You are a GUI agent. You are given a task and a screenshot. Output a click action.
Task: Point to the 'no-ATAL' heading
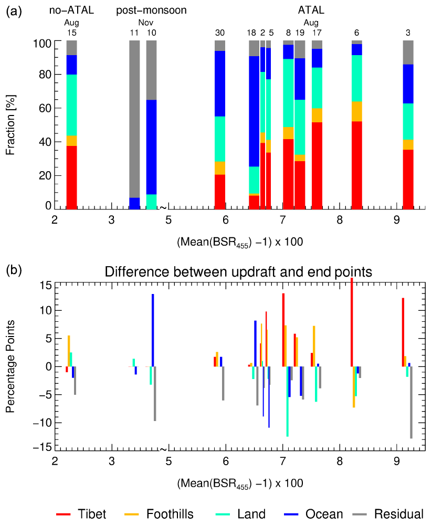pos(71,10)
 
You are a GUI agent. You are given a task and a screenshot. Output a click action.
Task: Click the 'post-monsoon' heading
pos(151,10)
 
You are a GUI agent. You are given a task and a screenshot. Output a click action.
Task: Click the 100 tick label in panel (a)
pos(41,42)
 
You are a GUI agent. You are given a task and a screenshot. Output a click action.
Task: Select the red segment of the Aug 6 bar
pos(357,165)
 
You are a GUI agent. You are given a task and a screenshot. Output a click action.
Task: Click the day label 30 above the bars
pos(220,33)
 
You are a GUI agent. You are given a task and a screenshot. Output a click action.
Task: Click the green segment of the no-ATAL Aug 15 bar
pos(71,105)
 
